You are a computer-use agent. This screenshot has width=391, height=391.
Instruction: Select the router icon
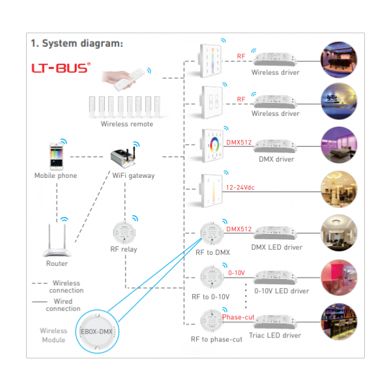56,240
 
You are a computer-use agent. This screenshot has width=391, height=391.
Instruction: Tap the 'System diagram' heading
77,44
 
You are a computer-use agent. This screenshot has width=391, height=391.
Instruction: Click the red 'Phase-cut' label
238,317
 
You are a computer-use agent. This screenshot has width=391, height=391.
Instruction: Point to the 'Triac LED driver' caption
276,336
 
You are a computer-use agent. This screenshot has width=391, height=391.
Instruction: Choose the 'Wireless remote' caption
126,124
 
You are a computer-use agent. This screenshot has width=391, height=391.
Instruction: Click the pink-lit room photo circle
338,276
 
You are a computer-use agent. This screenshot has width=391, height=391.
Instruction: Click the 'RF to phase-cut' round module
212,320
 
